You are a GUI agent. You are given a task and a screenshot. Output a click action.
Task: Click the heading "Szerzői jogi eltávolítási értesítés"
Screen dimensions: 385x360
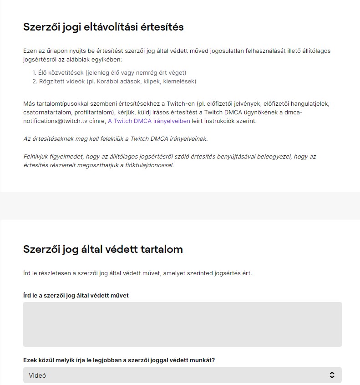click(x=103, y=27)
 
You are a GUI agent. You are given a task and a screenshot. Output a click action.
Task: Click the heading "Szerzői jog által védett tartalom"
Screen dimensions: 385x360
click(x=103, y=249)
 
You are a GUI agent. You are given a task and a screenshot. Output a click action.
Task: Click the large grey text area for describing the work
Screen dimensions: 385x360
click(x=182, y=324)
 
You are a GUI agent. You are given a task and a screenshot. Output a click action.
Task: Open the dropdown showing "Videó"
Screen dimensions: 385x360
click(x=182, y=375)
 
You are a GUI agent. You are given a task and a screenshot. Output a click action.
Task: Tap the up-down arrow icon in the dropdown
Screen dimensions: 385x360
click(x=332, y=375)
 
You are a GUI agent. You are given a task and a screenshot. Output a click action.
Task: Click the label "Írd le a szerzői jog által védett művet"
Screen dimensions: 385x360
click(x=76, y=295)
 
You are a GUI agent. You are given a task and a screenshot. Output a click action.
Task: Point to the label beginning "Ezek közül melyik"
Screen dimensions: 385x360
click(x=119, y=360)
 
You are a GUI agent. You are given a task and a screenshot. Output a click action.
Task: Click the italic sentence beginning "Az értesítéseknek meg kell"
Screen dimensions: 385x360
click(x=115, y=139)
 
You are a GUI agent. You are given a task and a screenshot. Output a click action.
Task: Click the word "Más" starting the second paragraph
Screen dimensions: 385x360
click(x=29, y=103)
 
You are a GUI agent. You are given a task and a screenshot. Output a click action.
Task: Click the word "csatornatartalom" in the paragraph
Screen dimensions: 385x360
click(x=47, y=113)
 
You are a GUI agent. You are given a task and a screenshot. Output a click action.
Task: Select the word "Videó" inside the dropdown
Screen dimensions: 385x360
click(x=37, y=375)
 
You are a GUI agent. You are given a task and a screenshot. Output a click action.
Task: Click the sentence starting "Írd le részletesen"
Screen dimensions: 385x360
click(x=137, y=273)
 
